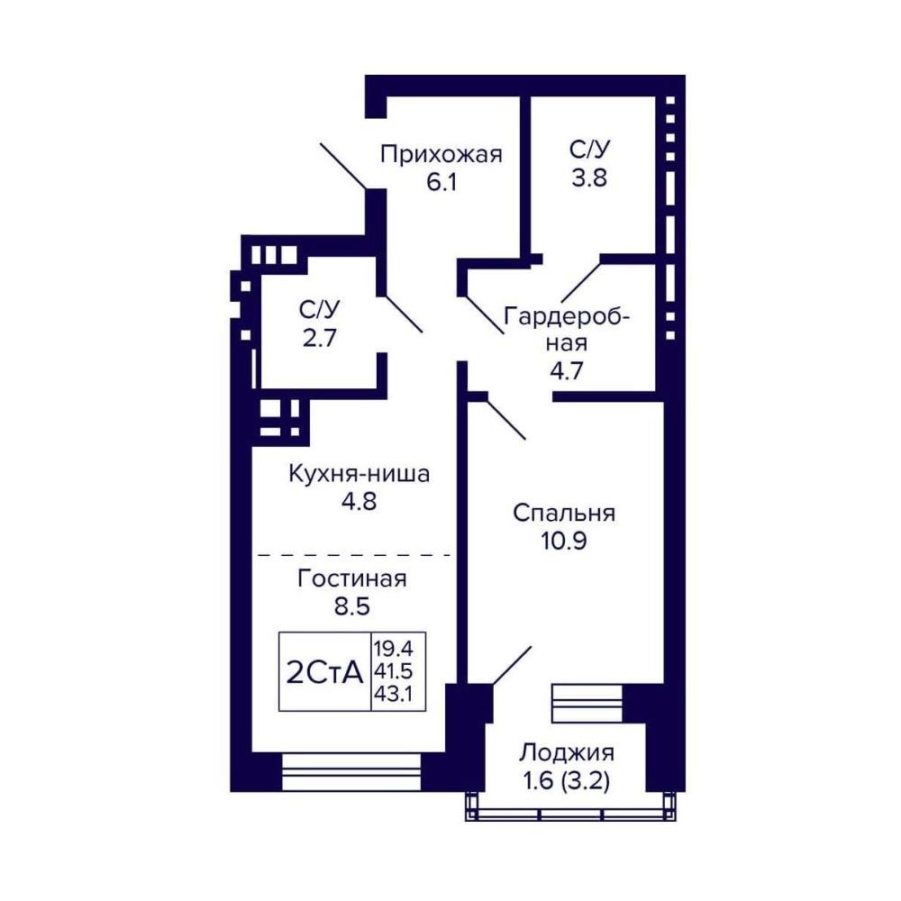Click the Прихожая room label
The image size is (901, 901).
(441, 155)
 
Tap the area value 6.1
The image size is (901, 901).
(441, 183)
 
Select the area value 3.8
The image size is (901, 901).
(589, 177)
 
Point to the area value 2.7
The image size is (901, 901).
(320, 338)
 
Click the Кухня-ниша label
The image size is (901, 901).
(359, 474)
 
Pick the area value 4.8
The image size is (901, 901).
(359, 502)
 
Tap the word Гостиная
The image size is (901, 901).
(351, 578)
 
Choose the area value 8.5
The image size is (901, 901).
(351, 606)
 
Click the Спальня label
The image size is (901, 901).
(564, 514)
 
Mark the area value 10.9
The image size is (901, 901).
(564, 542)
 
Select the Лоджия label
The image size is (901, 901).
(567, 752)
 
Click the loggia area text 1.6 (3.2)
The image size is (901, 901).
(567, 781)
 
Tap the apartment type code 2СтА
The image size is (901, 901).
(324, 672)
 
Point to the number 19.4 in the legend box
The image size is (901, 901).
(394, 649)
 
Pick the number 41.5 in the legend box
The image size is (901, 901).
(394, 671)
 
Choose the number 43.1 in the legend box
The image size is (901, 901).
(394, 694)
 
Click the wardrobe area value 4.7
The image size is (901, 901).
(567, 370)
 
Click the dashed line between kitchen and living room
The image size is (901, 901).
(354, 556)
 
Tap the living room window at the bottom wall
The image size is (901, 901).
(351, 772)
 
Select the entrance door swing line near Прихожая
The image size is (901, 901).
(343, 166)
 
